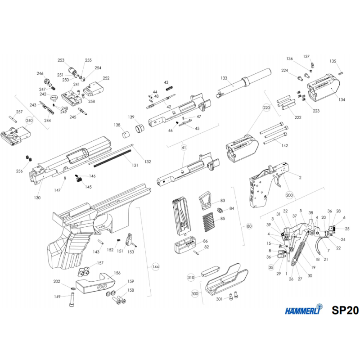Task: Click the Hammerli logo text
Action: pyautogui.click(x=303, y=310)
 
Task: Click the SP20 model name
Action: pyautogui.click(x=345, y=310)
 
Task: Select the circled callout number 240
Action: pyautogui.click(x=29, y=121)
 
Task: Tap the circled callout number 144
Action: pyautogui.click(x=156, y=267)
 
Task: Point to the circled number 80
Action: pyautogui.click(x=249, y=226)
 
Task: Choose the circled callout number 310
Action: pyautogui.click(x=191, y=277)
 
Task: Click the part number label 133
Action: pyautogui.click(x=224, y=78)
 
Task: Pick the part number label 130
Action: pyautogui.click(x=37, y=198)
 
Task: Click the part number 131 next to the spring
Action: pyautogui.click(x=135, y=165)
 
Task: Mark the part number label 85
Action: pyautogui.click(x=223, y=219)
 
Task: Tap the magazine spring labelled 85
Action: pyautogui.click(x=208, y=222)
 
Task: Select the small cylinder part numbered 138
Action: pyautogui.click(x=126, y=135)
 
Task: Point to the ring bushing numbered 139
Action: pyautogui.click(x=139, y=128)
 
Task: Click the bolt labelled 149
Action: pyautogui.click(x=72, y=299)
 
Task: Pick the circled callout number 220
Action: pyautogui.click(x=266, y=108)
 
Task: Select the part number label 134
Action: pyautogui.click(x=342, y=99)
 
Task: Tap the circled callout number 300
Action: pyautogui.click(x=195, y=294)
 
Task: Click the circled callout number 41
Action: pyautogui.click(x=184, y=148)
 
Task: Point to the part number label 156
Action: pyautogui.click(x=117, y=273)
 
